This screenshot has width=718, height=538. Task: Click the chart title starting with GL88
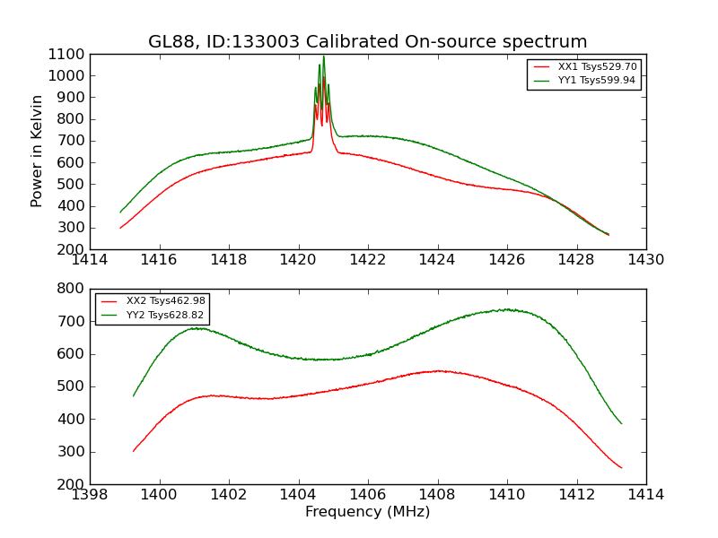(367, 42)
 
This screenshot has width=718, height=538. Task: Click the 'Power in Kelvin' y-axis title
(38, 151)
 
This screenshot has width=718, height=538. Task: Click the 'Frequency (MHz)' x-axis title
(367, 513)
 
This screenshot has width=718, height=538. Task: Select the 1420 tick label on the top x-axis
(298, 260)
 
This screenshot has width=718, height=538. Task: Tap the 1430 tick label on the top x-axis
(645, 260)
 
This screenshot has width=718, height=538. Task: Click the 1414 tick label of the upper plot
(90, 260)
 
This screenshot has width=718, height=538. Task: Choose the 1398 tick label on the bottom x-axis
(90, 495)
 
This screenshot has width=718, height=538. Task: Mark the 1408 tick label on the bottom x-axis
(437, 495)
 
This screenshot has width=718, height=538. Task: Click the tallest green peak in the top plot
(323, 57)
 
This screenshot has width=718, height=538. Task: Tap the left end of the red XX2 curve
(134, 451)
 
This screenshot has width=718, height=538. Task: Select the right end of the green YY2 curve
(621, 423)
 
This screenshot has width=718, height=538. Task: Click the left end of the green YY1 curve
(120, 213)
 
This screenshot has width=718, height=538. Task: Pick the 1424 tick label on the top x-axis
(437, 260)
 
